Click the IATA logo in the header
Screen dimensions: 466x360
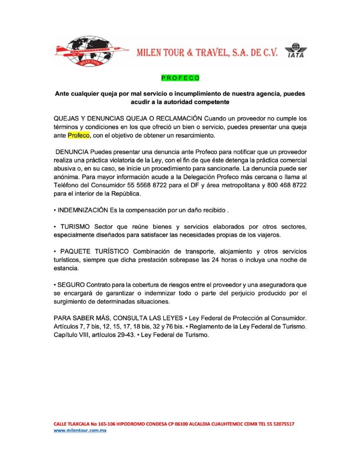[295, 51]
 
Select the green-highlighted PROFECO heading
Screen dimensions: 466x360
[180, 78]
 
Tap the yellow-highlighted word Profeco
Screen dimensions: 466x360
[79, 135]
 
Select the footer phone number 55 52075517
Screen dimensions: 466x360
[279, 424]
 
